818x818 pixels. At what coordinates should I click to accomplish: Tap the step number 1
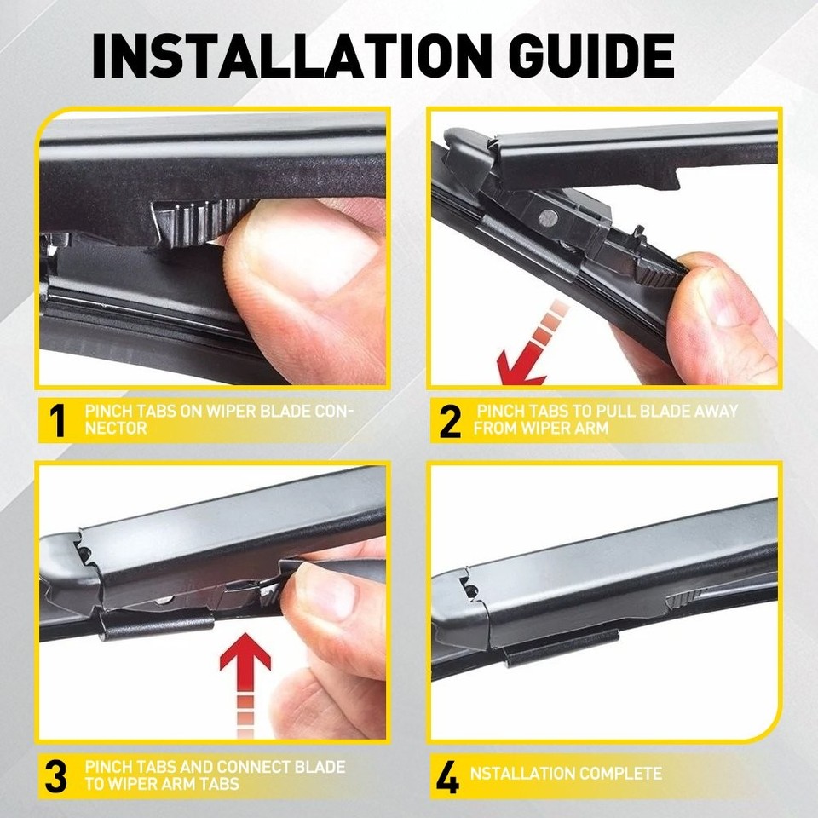pos(56,420)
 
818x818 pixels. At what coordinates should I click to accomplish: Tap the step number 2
pos(450,420)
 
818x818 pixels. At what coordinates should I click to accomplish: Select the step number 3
pos(56,777)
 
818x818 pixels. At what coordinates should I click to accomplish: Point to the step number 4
pos(447,777)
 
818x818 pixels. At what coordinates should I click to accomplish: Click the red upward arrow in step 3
pos(245,684)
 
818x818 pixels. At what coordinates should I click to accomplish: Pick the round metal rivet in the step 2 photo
pos(547,217)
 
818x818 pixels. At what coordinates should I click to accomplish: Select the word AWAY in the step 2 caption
pos(716,411)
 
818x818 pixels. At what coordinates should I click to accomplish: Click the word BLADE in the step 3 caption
pos(320,767)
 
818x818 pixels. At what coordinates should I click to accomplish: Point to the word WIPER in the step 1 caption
pos(231,411)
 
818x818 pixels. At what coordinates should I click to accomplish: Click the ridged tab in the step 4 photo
pos(683,598)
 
